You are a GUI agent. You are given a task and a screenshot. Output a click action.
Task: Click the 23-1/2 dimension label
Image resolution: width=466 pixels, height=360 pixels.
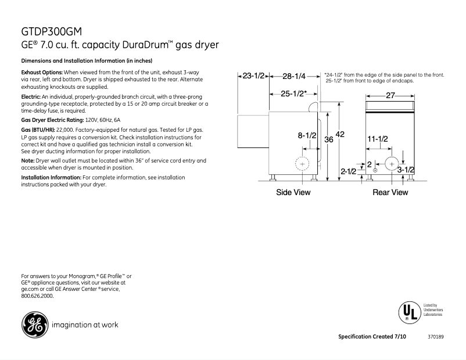pos(254,76)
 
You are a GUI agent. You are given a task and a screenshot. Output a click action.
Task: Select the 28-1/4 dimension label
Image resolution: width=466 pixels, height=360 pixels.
pos(293,76)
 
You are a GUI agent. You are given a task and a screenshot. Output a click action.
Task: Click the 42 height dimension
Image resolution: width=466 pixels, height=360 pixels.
pos(340,134)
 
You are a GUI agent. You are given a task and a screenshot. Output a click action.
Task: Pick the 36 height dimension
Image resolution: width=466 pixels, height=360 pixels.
pos(328,139)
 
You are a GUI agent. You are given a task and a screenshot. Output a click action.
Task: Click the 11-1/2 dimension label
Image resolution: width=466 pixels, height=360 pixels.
pos(378,138)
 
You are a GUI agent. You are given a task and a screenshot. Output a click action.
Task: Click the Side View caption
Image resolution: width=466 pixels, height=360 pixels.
pos(293,192)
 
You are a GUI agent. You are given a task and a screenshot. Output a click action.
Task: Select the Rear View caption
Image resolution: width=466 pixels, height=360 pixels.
pos(390,192)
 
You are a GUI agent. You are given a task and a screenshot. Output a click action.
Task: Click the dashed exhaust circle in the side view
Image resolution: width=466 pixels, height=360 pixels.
pos(302,164)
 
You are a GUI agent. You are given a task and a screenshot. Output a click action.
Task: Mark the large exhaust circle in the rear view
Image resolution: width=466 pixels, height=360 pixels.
pos(392,164)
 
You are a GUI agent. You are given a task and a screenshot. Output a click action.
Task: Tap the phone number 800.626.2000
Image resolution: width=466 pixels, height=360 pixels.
pos(37,296)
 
